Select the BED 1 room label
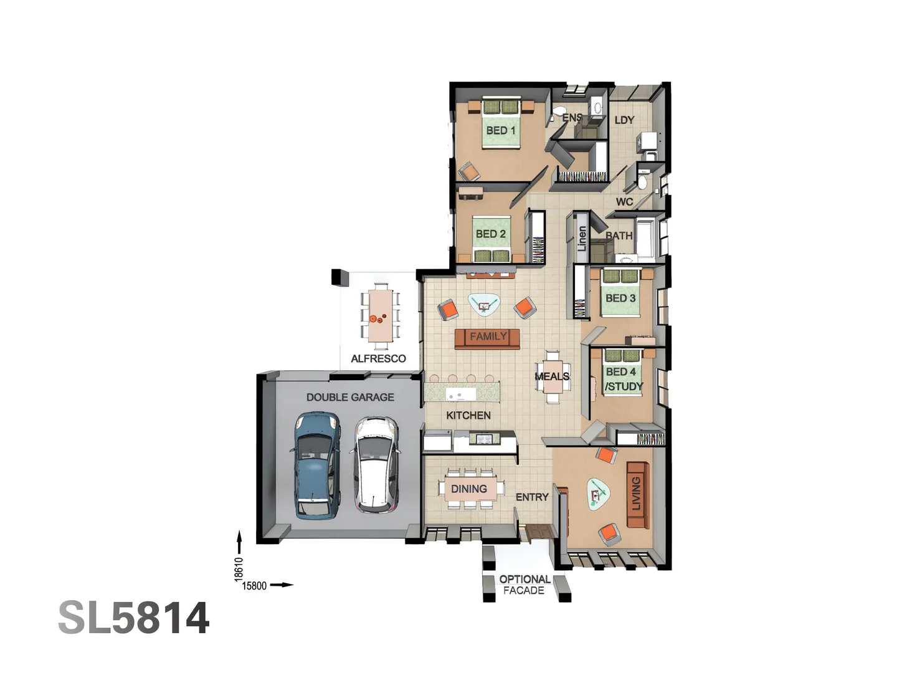coord(501,130)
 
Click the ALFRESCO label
coord(378,358)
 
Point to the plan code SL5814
coord(133,618)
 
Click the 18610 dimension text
coord(239,568)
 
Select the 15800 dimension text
coord(254,585)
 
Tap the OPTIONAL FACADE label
coord(524,585)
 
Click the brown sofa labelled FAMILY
coord(487,337)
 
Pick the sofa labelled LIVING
coord(636,494)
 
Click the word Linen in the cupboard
coord(582,238)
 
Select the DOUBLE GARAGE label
coord(350,397)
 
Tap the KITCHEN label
coord(468,415)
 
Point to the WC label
coord(624,201)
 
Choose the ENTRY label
coord(532,497)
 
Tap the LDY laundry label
coord(624,120)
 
